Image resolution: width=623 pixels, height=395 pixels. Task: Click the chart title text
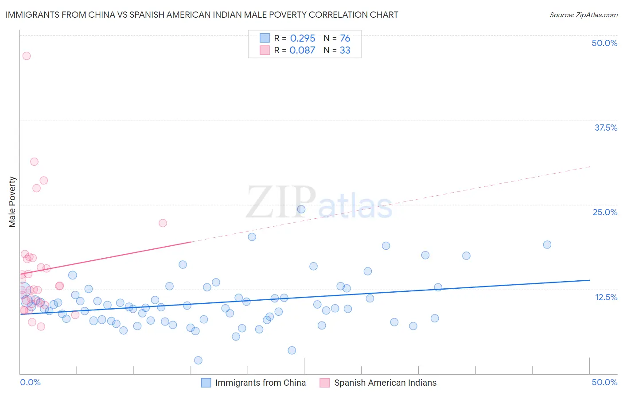click(202, 15)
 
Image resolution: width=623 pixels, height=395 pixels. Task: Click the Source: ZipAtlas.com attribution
click(583, 15)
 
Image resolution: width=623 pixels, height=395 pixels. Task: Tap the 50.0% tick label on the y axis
click(604, 43)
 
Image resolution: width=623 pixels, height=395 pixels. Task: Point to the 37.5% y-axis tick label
click(605, 128)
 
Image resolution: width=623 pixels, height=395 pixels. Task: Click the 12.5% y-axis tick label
click(606, 297)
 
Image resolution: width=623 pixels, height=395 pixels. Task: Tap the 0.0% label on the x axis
click(30, 382)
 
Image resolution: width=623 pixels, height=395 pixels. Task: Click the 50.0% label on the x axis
click(604, 382)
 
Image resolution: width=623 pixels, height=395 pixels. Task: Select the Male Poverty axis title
click(12, 202)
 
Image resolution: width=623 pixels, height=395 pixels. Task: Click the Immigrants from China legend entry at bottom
click(260, 383)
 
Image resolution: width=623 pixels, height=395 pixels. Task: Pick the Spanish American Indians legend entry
click(385, 383)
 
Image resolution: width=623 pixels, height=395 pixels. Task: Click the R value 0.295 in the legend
click(303, 39)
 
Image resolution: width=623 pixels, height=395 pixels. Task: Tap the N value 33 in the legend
click(345, 50)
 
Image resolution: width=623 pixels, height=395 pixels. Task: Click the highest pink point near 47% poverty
click(27, 56)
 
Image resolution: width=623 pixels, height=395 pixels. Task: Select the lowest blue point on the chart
click(198, 360)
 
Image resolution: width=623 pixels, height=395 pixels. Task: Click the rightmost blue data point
click(547, 245)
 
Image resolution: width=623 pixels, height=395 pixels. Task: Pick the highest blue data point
click(301, 209)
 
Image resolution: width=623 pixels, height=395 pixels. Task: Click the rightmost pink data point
click(163, 223)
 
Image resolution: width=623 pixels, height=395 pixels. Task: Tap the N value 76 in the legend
click(345, 39)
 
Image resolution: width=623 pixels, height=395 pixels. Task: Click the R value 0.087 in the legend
click(302, 50)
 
